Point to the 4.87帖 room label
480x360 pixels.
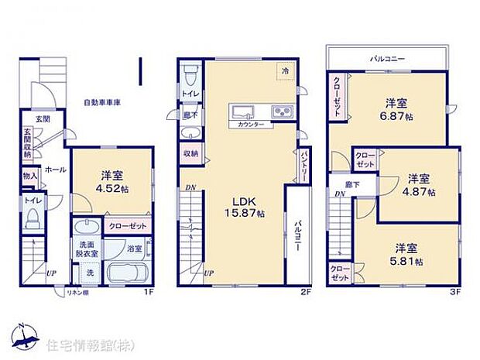421,183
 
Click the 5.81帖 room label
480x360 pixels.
408,255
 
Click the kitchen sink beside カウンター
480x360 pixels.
242,111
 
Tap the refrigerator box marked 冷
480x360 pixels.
285,70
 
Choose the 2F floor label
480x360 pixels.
306,293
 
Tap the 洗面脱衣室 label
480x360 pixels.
87,248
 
